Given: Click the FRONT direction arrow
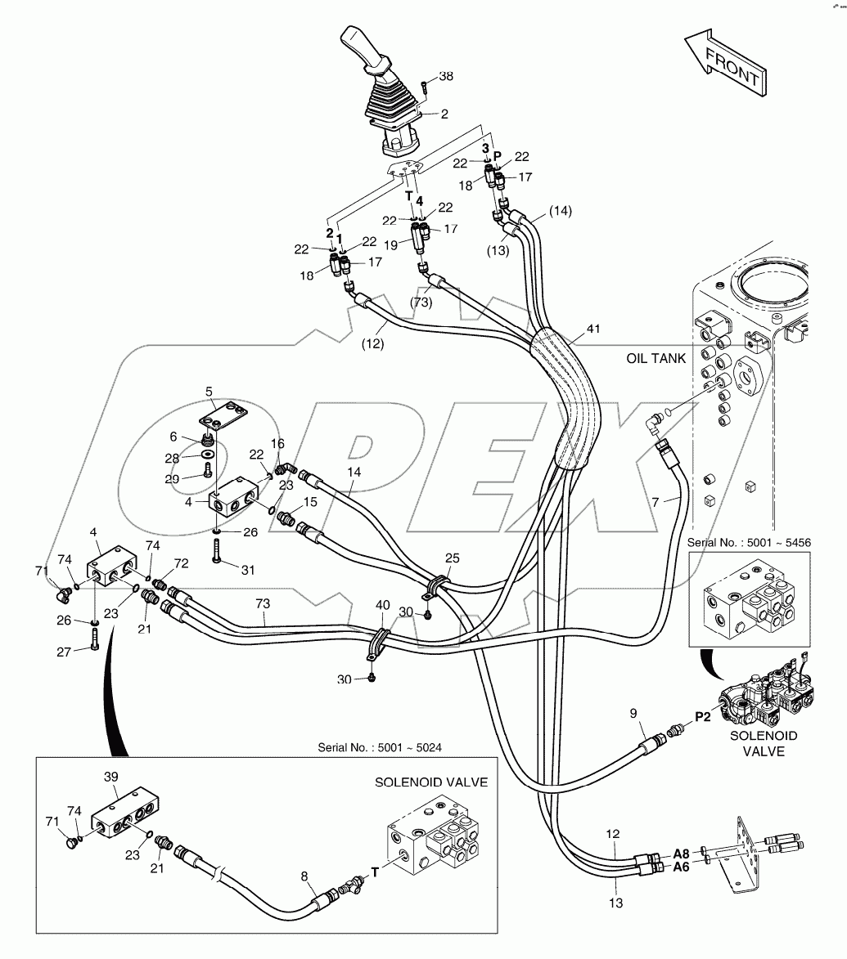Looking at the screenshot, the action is (x=726, y=61).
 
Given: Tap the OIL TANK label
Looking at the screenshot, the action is (x=656, y=358).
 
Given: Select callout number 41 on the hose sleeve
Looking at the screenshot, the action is (x=593, y=329).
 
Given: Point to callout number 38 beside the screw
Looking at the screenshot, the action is (x=446, y=77).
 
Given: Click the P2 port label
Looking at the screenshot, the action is (x=703, y=716).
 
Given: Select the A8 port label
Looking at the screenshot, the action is (x=681, y=854).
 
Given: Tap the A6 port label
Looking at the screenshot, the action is (x=681, y=867).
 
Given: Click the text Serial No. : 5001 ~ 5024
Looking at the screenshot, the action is (x=380, y=747).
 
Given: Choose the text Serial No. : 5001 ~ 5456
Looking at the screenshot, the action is (x=749, y=543).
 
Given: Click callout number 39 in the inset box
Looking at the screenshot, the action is (x=110, y=777).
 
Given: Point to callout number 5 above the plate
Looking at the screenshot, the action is (x=209, y=392).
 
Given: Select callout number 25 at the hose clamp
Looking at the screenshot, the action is (x=453, y=558).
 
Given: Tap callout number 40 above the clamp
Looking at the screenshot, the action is (x=382, y=606).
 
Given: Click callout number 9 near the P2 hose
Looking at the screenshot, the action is (x=633, y=713).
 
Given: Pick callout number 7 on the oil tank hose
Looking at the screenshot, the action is (x=656, y=502).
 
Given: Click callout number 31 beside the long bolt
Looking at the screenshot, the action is (x=247, y=570).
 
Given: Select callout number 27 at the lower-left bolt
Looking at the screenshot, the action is (x=64, y=652).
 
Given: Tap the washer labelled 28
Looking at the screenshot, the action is (x=207, y=455).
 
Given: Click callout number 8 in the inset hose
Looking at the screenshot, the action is (x=304, y=876).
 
